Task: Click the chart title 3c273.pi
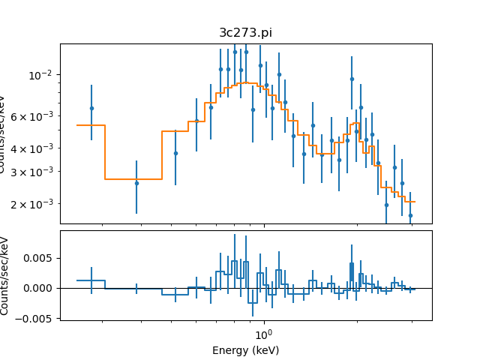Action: click(x=245, y=33)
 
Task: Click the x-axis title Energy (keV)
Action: click(x=245, y=350)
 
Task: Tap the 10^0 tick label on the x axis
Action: click(x=262, y=333)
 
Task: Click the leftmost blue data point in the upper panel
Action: click(x=91, y=108)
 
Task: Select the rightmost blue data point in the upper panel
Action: click(x=410, y=215)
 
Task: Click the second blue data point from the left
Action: click(x=136, y=183)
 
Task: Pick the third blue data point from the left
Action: click(x=175, y=153)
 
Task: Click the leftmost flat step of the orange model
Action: click(x=91, y=125)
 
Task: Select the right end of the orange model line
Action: click(x=415, y=202)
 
